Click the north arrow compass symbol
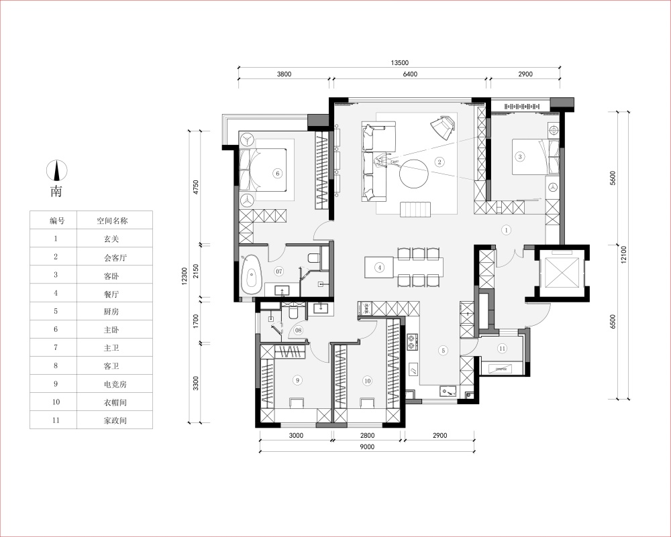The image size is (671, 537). pyautogui.click(x=56, y=170)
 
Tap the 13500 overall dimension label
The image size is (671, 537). pyautogui.click(x=399, y=63)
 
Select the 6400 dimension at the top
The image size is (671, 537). pyautogui.click(x=410, y=74)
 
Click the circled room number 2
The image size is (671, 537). pyautogui.click(x=439, y=162)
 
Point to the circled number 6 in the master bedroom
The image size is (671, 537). pyautogui.click(x=278, y=173)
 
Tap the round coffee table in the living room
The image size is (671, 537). pyautogui.click(x=414, y=173)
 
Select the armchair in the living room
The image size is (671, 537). pyautogui.click(x=442, y=126)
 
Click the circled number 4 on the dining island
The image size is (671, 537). pyautogui.click(x=379, y=267)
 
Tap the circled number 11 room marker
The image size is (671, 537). pyautogui.click(x=502, y=349)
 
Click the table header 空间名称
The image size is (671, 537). pyautogui.click(x=112, y=221)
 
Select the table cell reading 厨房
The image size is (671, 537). pyautogui.click(x=111, y=311)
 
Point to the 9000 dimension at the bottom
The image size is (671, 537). pyautogui.click(x=367, y=446)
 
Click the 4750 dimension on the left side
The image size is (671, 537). pyautogui.click(x=196, y=188)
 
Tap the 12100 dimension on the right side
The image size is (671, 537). pyautogui.click(x=623, y=254)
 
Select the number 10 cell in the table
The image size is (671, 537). pyautogui.click(x=56, y=402)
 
